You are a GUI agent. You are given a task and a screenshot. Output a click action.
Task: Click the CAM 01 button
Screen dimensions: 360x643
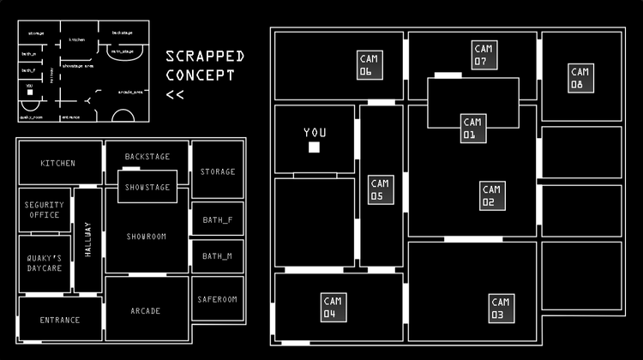pyautogui.click(x=472, y=128)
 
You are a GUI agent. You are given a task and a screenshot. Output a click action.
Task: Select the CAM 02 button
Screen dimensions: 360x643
pyautogui.click(x=491, y=195)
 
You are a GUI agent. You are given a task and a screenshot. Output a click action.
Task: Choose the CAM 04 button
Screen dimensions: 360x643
pyautogui.click(x=334, y=307)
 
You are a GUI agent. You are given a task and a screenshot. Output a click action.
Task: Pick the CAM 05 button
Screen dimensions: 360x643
pyautogui.click(x=381, y=189)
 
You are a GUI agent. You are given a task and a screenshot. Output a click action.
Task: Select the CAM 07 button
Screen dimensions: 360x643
pyautogui.click(x=484, y=55)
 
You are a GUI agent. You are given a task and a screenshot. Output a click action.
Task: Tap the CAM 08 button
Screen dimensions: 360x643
pyautogui.click(x=580, y=78)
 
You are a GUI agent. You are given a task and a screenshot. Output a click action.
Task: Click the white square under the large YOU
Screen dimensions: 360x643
pyautogui.click(x=315, y=148)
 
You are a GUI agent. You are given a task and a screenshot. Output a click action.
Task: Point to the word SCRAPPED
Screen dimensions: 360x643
pyautogui.click(x=205, y=57)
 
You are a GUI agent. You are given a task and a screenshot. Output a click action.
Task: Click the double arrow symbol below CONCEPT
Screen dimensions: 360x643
pyautogui.click(x=175, y=94)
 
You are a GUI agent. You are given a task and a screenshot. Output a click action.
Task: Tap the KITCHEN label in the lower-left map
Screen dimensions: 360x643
pyautogui.click(x=58, y=163)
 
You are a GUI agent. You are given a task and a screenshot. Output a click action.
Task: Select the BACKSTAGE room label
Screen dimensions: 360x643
pyautogui.click(x=147, y=157)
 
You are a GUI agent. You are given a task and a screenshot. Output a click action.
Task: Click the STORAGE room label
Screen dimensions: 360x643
pyautogui.click(x=218, y=171)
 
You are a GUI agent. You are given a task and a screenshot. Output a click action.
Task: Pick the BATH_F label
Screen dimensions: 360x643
pyautogui.click(x=218, y=219)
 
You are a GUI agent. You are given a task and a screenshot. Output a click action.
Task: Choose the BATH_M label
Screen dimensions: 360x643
pyautogui.click(x=218, y=255)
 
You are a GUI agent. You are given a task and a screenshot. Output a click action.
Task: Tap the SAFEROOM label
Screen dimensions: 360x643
pyautogui.click(x=217, y=299)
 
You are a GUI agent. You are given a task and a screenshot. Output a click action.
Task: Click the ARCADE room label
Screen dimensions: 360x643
pyautogui.click(x=146, y=311)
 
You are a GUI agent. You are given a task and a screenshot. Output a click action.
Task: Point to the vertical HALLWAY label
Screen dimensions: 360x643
pyautogui.click(x=87, y=240)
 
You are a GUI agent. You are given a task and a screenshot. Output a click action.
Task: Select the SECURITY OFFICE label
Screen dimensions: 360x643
pyautogui.click(x=45, y=210)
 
